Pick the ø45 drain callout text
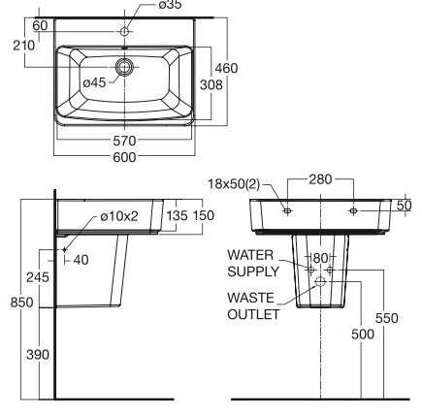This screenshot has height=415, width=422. point(95,83)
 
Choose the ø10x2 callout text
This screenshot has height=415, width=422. point(120,214)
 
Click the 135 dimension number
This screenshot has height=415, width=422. point(176,215)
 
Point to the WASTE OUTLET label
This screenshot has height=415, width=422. point(253,305)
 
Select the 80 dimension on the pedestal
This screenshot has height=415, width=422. point(319,258)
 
